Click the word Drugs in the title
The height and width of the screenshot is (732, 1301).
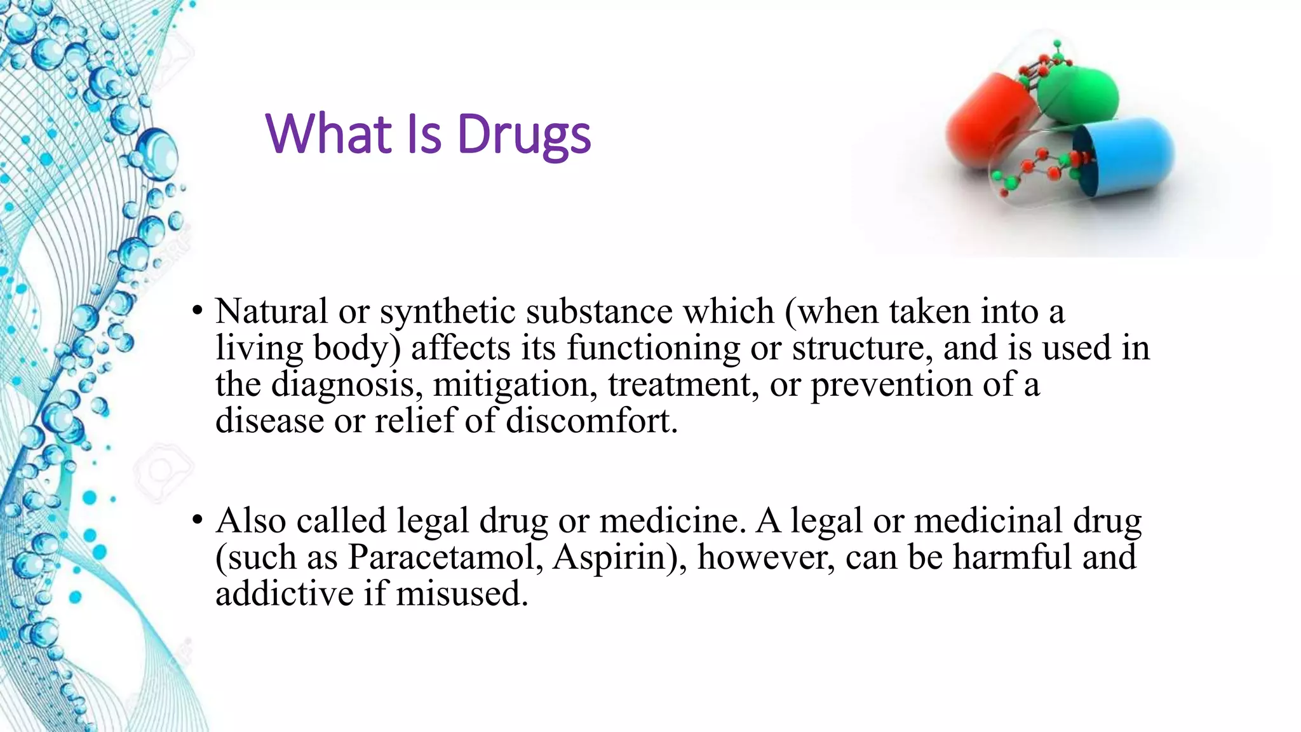pos(524,135)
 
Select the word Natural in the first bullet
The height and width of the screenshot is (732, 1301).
pos(271,312)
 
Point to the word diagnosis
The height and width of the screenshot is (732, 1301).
pos(343,385)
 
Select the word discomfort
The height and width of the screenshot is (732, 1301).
pos(591,421)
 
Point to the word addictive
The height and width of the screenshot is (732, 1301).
pos(284,593)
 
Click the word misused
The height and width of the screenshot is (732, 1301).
pos(461,593)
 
